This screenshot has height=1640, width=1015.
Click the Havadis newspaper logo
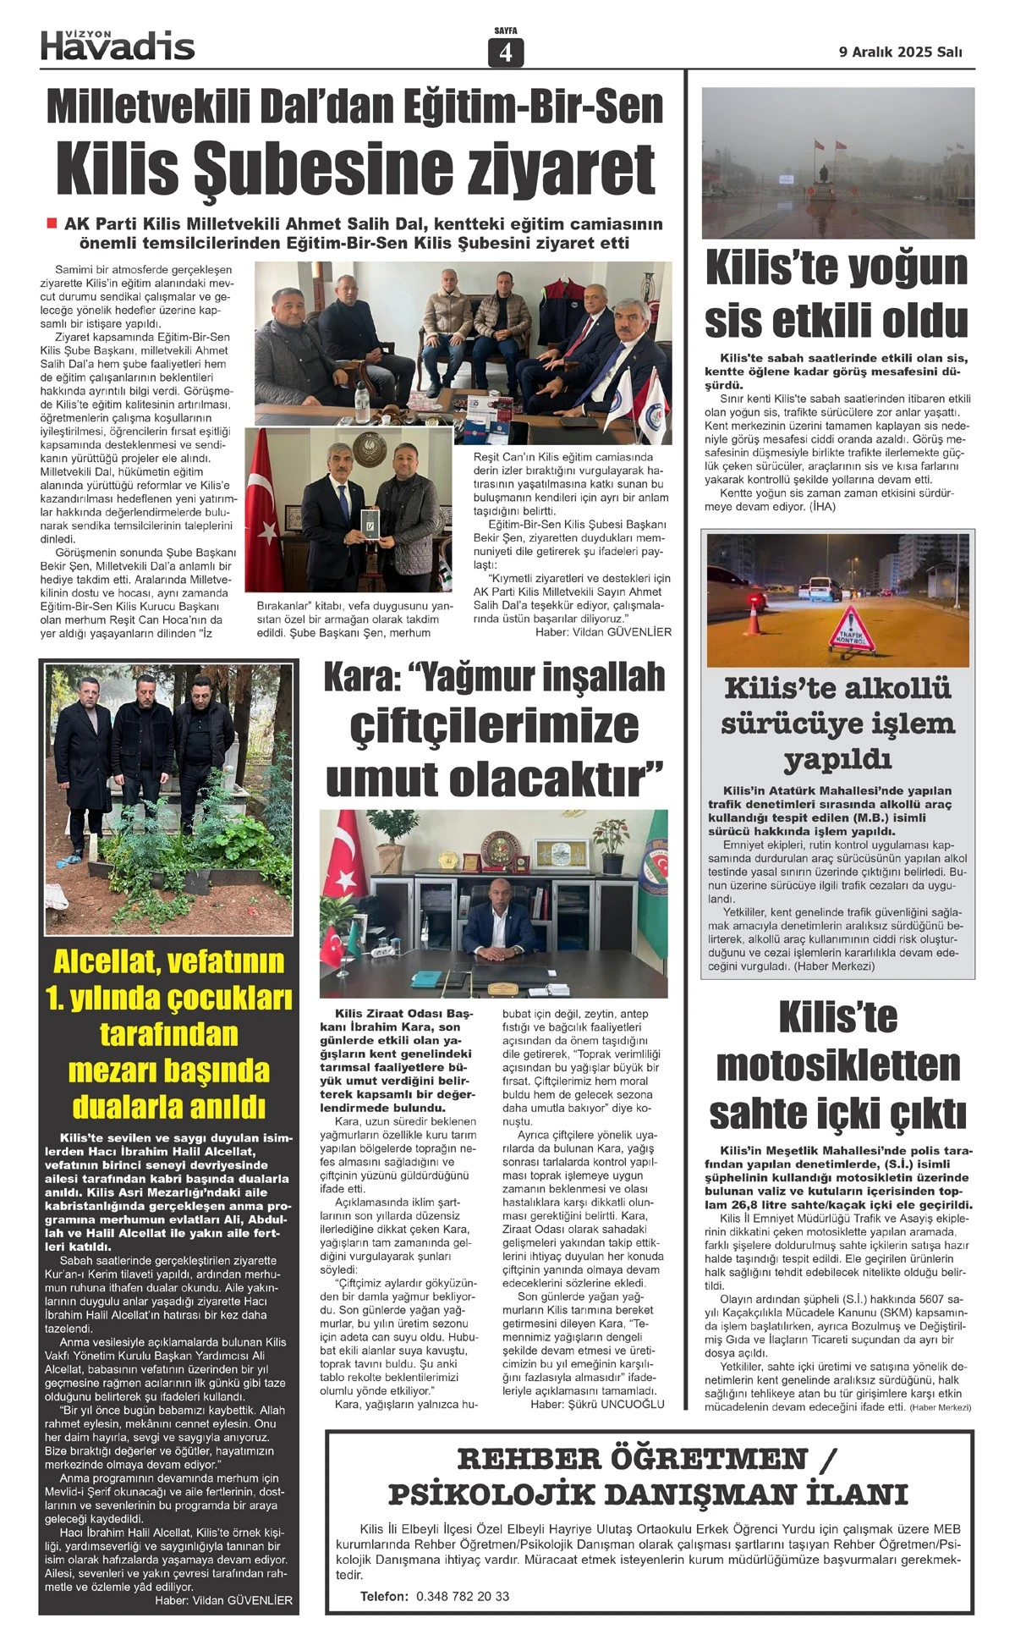118,46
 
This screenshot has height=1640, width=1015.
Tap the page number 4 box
506,52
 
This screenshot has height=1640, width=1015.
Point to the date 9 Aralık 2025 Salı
900,52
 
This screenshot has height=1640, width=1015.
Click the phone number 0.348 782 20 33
463,1596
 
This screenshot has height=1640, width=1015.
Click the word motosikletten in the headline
837,1065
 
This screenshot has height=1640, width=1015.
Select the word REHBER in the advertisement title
532,1459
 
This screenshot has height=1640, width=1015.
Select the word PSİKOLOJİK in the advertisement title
492,1494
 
